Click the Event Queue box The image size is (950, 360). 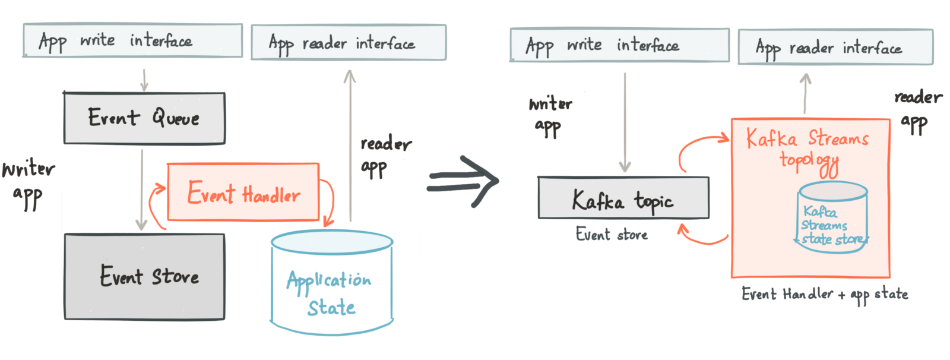(x=144, y=118)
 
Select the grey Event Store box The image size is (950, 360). (x=144, y=277)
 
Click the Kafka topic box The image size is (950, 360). (x=623, y=198)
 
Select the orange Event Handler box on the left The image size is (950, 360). (x=243, y=191)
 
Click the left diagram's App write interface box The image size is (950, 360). (x=132, y=41)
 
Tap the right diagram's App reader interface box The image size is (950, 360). (x=835, y=47)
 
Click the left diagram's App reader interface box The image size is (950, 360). (x=349, y=43)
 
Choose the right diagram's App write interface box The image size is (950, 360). (x=619, y=45)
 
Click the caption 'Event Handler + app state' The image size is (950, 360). (x=825, y=294)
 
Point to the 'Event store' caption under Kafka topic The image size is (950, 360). (x=612, y=235)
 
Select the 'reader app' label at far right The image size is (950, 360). (x=917, y=110)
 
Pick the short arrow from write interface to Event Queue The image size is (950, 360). (x=144, y=80)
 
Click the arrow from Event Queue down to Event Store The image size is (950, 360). (x=141, y=190)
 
